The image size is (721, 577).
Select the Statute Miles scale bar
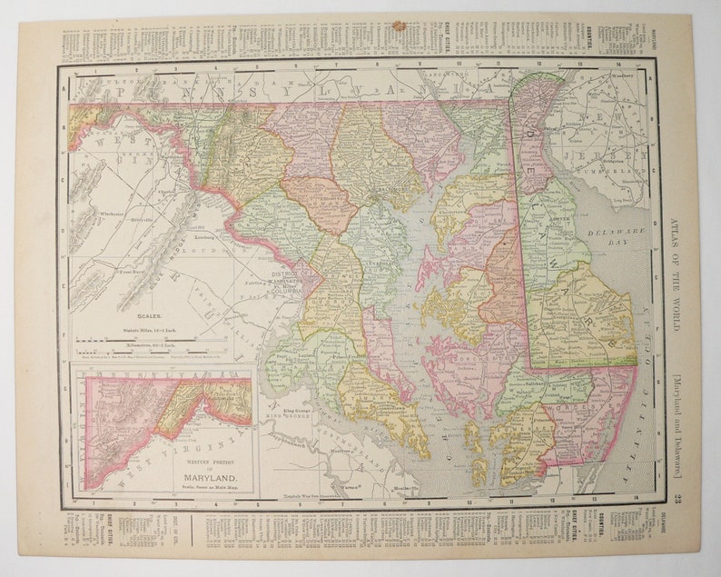coord(151,341)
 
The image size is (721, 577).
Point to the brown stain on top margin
coord(397,27)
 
